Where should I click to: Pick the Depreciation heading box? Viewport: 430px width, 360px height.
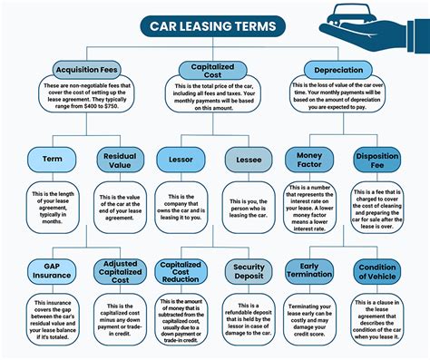tap(338, 70)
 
